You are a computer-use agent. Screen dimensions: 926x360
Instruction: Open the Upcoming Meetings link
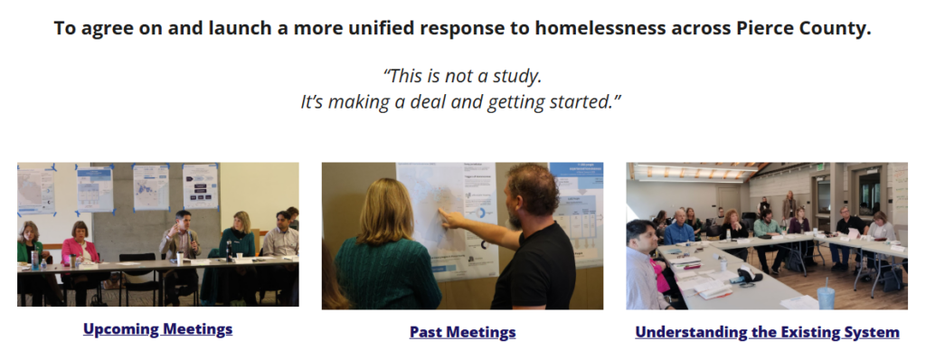coord(157,329)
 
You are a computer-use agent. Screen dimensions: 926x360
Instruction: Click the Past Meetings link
coord(462,332)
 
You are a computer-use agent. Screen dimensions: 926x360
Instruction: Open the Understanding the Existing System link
coord(767,332)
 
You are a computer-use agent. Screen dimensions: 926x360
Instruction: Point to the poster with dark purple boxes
coord(200,185)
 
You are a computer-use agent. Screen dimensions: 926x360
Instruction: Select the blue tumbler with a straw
coord(826,296)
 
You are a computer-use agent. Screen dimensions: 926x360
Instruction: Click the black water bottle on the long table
coord(229,251)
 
